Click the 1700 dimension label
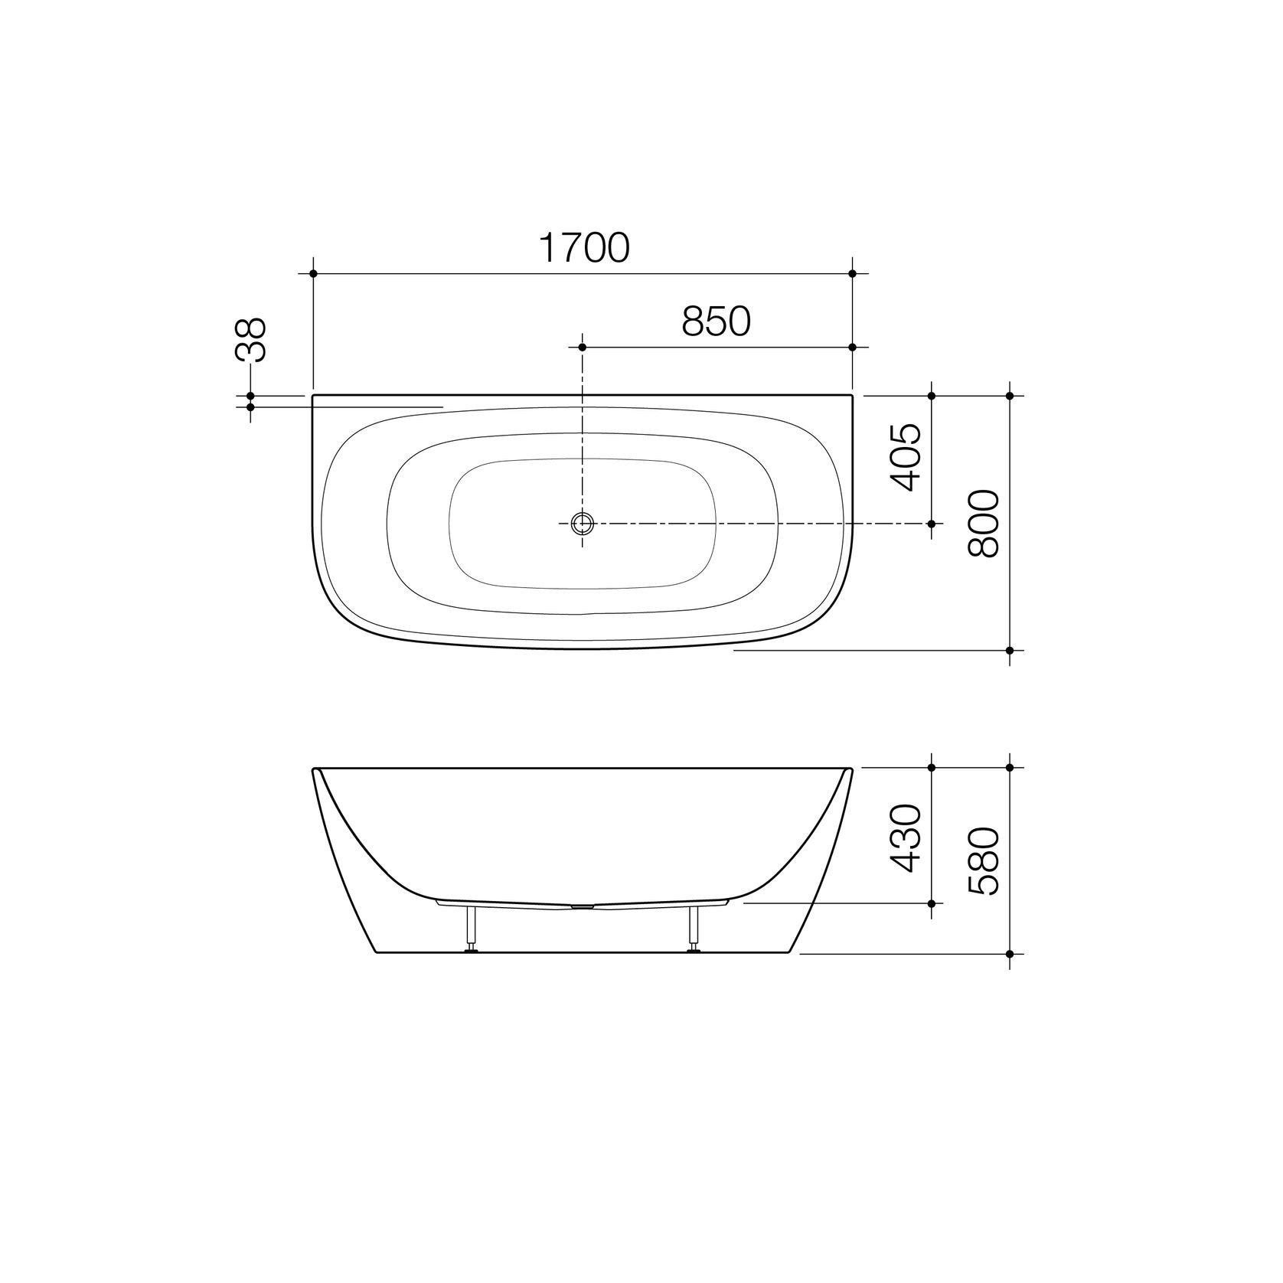584,247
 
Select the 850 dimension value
716,322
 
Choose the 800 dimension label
984,524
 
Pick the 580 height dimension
984,861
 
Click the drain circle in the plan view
583,524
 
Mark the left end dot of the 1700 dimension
313,273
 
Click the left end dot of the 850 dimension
583,348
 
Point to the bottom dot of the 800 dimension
1010,650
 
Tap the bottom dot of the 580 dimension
1010,954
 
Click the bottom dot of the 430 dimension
932,903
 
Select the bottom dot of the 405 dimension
932,524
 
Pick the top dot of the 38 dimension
250,396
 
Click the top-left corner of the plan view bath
314,396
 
